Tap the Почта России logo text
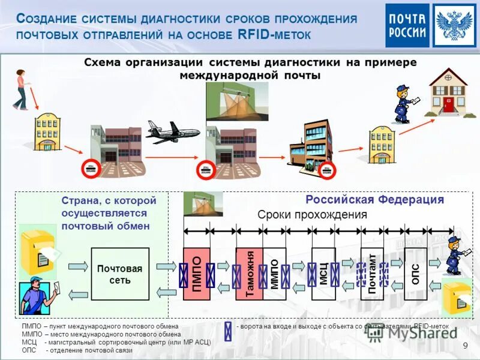click(407, 25)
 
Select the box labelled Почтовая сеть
click(119, 274)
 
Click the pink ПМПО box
click(196, 274)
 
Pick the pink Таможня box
click(250, 274)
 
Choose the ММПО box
click(274, 274)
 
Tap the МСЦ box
click(323, 274)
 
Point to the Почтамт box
click(372, 274)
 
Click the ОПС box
click(415, 274)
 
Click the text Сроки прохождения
click(312, 215)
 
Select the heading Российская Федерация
click(374, 200)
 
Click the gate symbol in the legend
click(228, 331)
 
